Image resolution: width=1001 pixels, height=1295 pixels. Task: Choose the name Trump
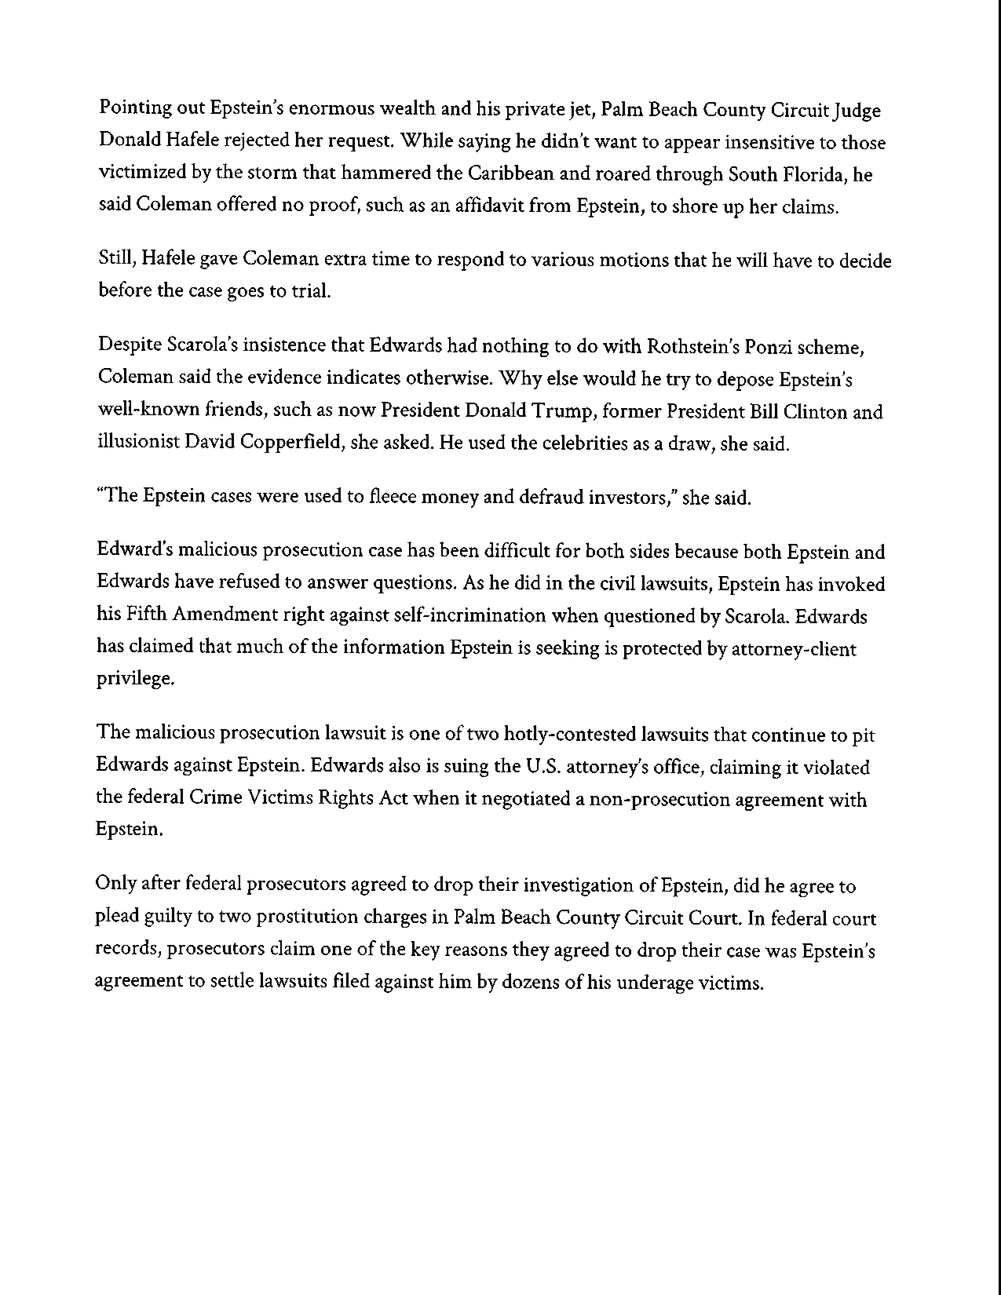564,411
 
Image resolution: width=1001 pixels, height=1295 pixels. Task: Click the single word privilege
135,679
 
